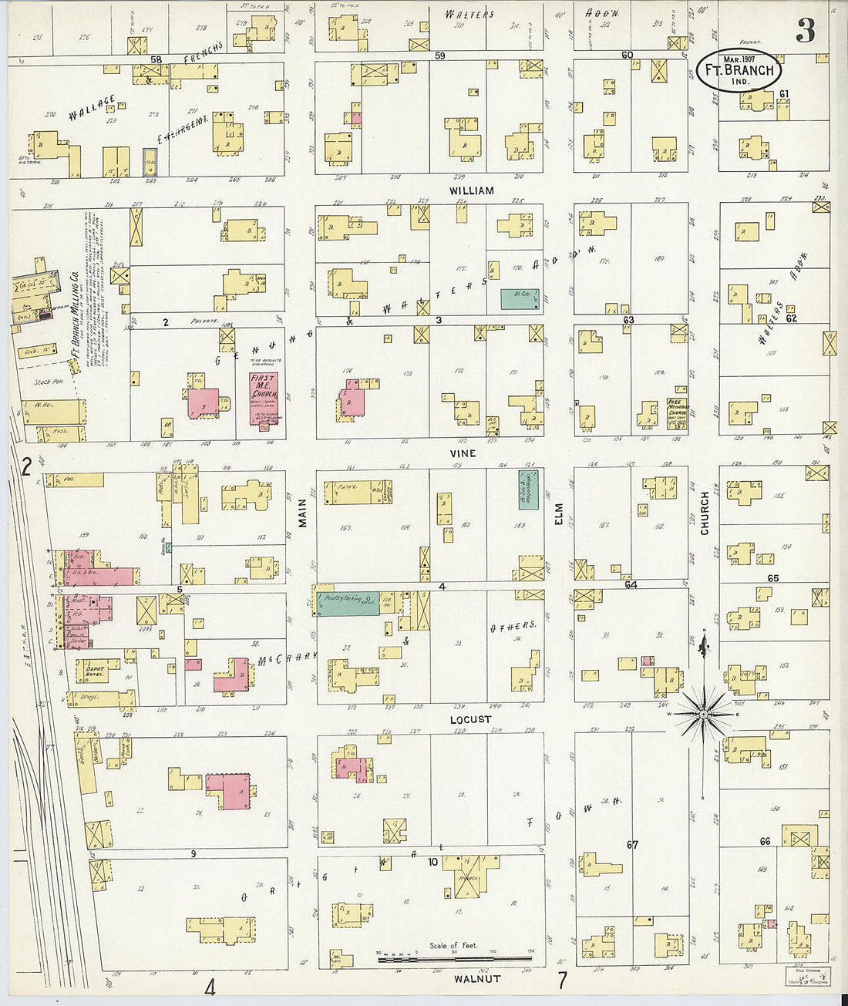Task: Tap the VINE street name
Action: coord(463,453)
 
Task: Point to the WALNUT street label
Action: coord(477,979)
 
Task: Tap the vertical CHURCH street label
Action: coord(704,513)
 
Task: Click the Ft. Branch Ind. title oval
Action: coord(739,71)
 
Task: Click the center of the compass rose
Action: coord(703,715)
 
